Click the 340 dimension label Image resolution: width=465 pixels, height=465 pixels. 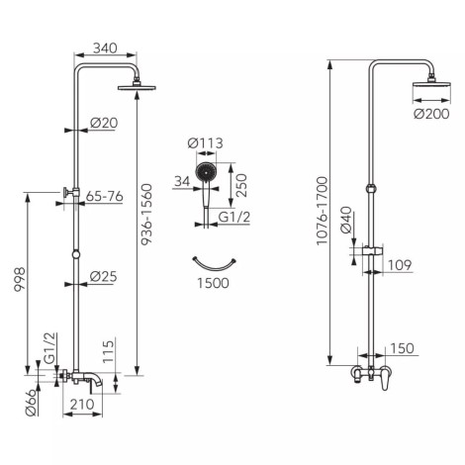click(105, 48)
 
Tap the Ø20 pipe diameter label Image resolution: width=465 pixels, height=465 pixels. click(104, 123)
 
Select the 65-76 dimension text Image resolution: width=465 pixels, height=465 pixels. click(104, 196)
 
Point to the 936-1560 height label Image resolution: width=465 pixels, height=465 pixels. click(146, 215)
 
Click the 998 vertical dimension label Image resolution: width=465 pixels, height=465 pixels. click(20, 279)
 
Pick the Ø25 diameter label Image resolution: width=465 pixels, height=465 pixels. click(103, 276)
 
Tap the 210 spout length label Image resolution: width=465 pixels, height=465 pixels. click(82, 404)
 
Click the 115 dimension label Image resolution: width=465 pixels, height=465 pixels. click(108, 352)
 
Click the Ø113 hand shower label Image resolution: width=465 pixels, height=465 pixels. click(205, 143)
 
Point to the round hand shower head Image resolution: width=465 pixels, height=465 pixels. click(206, 172)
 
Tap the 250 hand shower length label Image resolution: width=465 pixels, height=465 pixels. click(241, 185)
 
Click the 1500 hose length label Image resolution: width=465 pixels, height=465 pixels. click(213, 283)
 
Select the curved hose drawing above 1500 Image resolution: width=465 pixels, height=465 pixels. click(214, 267)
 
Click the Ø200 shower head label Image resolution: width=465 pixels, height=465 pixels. click(431, 114)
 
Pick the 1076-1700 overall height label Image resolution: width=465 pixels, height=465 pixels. click(322, 211)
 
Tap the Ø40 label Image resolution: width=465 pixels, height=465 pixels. click(346, 220)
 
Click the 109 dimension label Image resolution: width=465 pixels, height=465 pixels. click(400, 265)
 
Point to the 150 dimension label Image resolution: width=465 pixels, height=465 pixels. click(402, 348)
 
